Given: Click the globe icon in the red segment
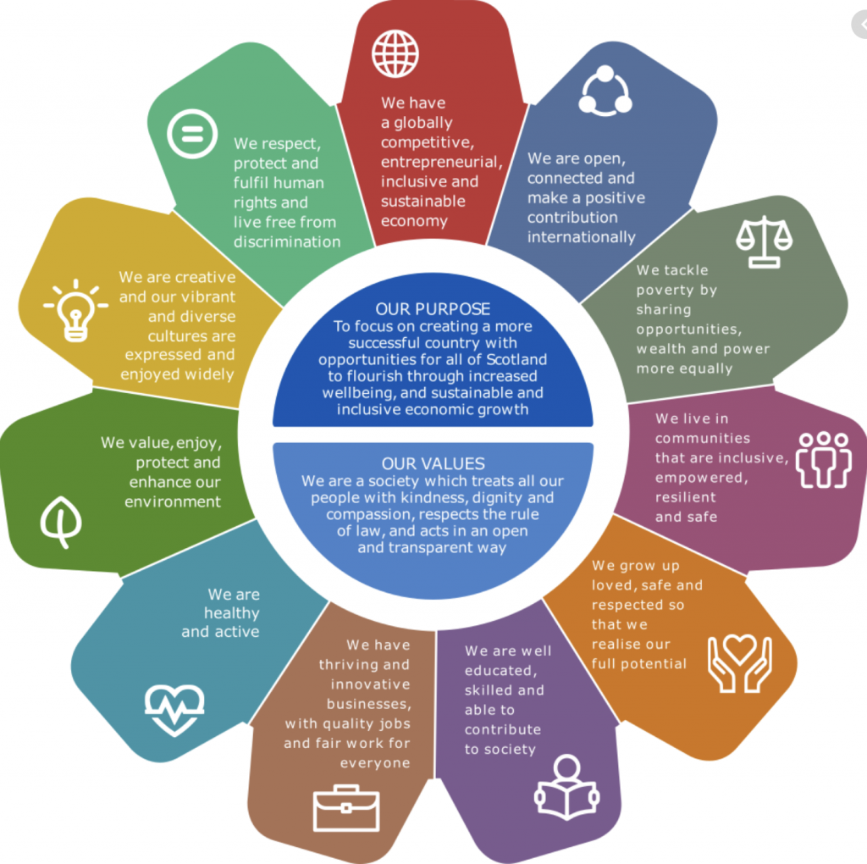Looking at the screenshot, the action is click(x=395, y=53).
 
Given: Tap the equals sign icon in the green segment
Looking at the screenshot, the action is click(x=192, y=134).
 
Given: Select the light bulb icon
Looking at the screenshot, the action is click(x=75, y=310).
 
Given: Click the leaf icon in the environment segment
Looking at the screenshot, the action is click(x=61, y=522).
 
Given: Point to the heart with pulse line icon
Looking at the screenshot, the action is click(x=174, y=710).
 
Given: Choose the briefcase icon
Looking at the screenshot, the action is click(x=346, y=808).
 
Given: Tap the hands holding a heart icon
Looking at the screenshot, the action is click(x=740, y=663).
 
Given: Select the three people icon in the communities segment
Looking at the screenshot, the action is click(x=823, y=460).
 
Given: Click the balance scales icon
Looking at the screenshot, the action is click(x=765, y=241).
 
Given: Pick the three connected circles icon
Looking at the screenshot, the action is click(x=605, y=91).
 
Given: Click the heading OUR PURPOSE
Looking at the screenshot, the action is click(x=433, y=308).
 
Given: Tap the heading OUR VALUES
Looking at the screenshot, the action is click(x=433, y=463).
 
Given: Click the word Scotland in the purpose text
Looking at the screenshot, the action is click(x=516, y=359).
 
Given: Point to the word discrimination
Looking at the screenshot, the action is click(x=287, y=241).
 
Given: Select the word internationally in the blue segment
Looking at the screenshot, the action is click(x=581, y=237).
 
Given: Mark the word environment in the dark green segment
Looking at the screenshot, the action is click(x=173, y=501).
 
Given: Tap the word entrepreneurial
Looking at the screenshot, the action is click(x=442, y=162).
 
